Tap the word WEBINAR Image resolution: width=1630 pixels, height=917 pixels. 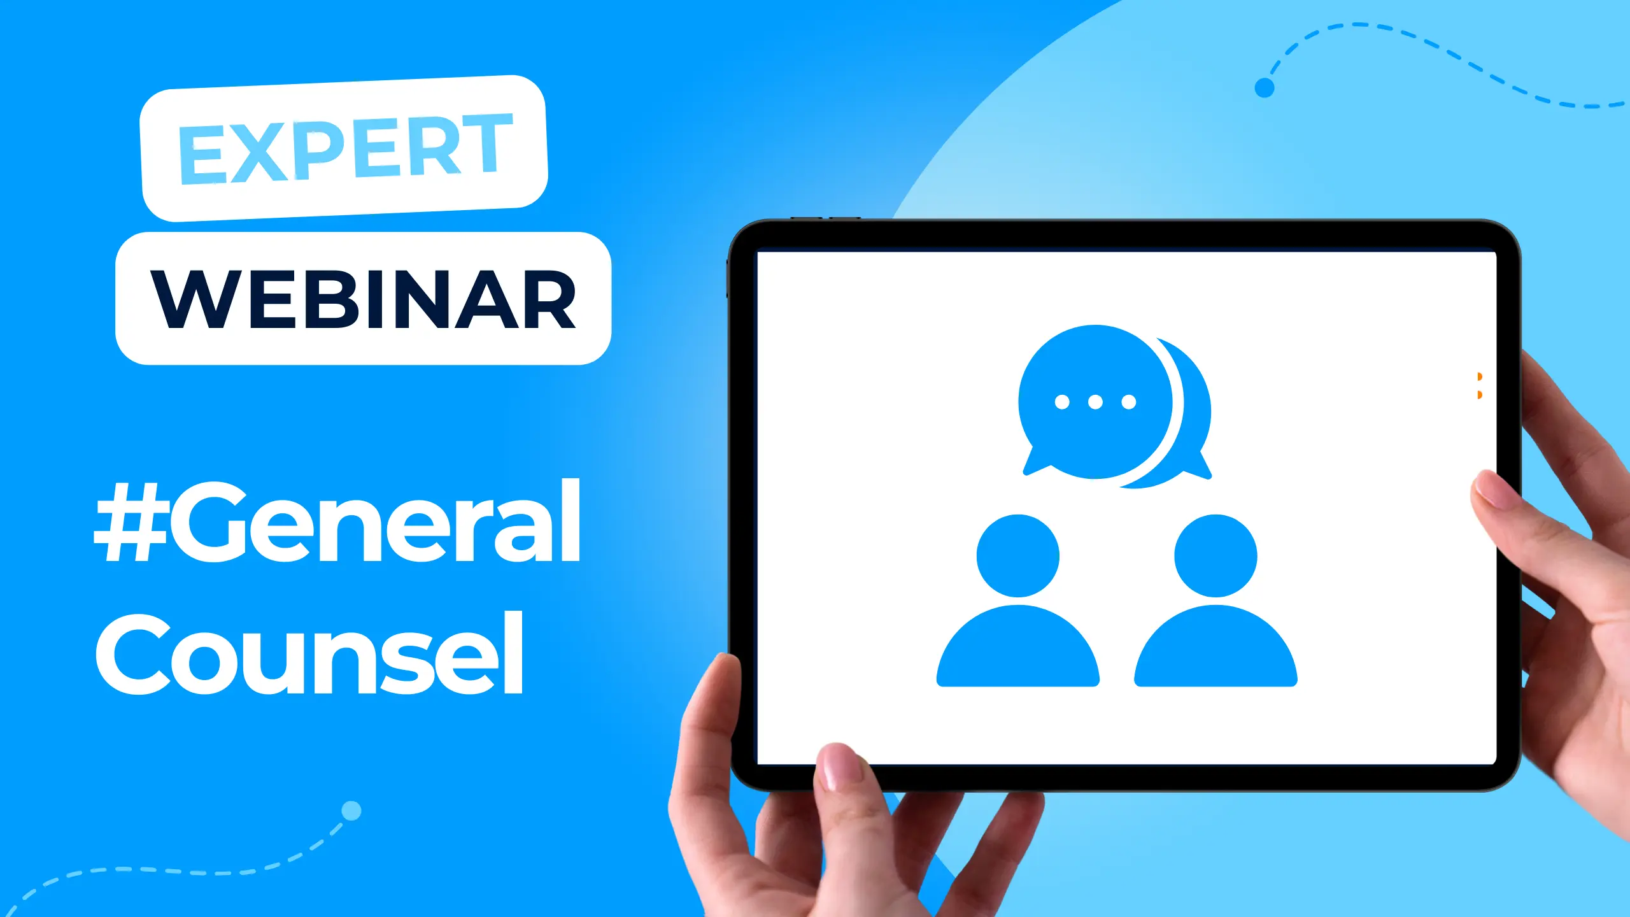[363, 299]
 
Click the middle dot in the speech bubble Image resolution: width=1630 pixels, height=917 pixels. [1095, 402]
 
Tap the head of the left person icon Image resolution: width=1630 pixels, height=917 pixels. [1017, 555]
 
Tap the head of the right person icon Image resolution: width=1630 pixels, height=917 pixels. [1215, 555]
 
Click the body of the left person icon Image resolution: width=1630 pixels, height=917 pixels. [1017, 650]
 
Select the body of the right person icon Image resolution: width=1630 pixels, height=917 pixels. [1215, 650]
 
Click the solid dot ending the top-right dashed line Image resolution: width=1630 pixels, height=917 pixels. [1264, 88]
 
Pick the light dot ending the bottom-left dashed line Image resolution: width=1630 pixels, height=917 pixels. [351, 811]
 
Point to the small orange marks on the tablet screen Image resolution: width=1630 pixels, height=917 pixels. [1480, 386]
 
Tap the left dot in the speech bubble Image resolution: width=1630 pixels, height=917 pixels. [1062, 402]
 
